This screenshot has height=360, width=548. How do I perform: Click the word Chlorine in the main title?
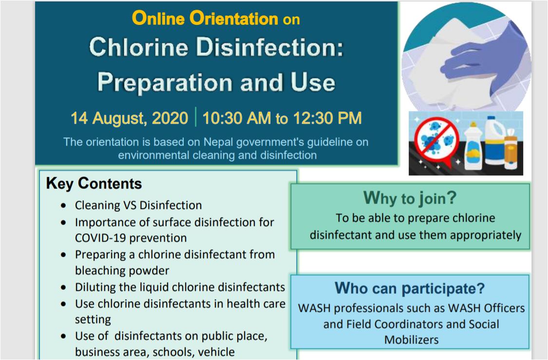139,47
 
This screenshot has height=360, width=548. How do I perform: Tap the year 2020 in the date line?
170,118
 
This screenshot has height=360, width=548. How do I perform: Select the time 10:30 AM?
237,118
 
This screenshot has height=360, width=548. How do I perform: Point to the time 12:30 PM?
327,118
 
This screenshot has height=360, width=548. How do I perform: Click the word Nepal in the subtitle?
218,142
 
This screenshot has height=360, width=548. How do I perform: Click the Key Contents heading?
94,184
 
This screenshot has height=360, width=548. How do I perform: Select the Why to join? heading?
410,198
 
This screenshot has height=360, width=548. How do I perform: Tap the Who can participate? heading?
410,288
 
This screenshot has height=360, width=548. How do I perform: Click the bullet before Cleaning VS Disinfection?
63,206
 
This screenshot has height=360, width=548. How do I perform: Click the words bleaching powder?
122,270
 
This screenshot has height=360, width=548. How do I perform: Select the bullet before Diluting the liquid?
63,287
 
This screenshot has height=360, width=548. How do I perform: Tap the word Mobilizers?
411,340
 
